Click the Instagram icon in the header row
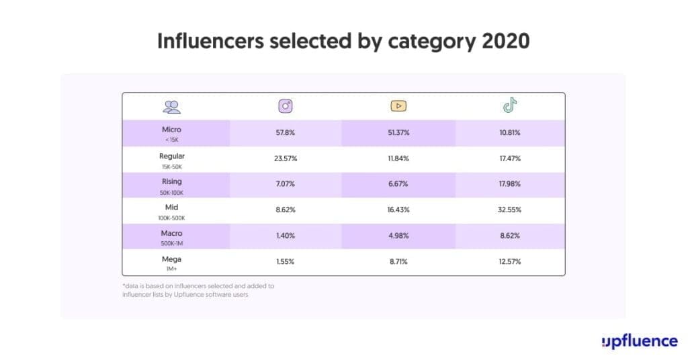(x=286, y=106)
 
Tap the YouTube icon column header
(x=398, y=106)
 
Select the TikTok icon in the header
(x=510, y=105)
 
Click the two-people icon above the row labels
(x=172, y=106)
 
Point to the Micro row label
(x=171, y=130)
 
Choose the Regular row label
(x=171, y=156)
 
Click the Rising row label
(x=171, y=181)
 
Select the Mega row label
(x=171, y=259)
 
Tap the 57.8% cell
(x=286, y=133)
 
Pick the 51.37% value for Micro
(x=398, y=133)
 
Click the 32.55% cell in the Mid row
(x=510, y=210)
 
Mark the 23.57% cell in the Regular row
(x=286, y=159)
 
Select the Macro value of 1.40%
(x=286, y=236)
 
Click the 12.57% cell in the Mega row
(x=510, y=262)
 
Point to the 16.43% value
(x=398, y=210)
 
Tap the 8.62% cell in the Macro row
(x=510, y=236)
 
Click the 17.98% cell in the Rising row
(x=510, y=185)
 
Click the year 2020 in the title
(x=506, y=41)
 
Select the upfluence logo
(x=639, y=341)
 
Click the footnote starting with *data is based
(x=198, y=290)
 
